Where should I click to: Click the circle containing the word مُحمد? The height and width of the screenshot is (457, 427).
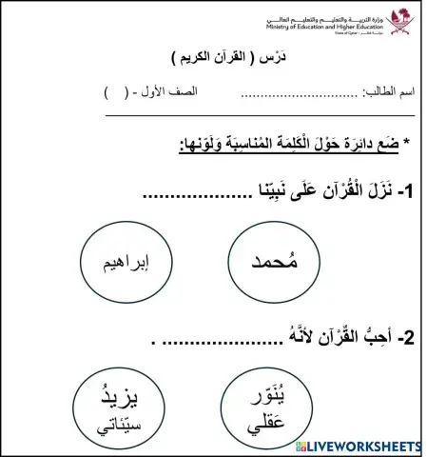click(276, 262)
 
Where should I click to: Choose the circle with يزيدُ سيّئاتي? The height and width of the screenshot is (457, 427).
click(116, 411)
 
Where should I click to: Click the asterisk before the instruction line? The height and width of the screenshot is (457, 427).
click(406, 143)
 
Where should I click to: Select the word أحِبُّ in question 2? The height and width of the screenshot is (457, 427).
click(370, 337)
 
